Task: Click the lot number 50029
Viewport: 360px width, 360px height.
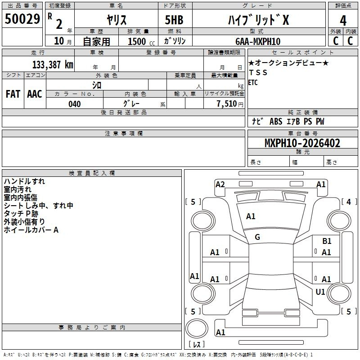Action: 22,19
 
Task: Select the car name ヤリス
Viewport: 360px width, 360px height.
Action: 117,20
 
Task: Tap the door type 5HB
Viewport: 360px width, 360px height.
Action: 174,20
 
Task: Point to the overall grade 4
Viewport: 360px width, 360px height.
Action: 343,21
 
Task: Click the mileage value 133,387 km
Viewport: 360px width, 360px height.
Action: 53,65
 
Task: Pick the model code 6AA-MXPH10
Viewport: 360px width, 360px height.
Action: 258,41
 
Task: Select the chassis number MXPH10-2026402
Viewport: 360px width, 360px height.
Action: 302,143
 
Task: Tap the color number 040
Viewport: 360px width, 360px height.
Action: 75,104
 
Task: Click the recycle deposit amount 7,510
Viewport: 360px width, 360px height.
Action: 227,104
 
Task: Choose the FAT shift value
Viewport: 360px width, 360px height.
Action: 13,94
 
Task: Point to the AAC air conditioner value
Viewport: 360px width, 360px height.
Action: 35,94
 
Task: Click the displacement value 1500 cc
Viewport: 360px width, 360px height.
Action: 141,41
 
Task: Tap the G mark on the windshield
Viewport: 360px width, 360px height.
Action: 257,237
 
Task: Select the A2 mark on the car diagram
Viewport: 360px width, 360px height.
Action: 220,184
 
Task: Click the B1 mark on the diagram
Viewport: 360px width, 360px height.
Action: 327,241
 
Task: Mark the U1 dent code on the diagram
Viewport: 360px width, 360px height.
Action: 320,292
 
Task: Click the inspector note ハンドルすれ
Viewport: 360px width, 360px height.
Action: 24,181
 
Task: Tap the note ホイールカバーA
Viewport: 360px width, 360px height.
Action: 31,229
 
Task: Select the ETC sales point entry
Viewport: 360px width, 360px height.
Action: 253,82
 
